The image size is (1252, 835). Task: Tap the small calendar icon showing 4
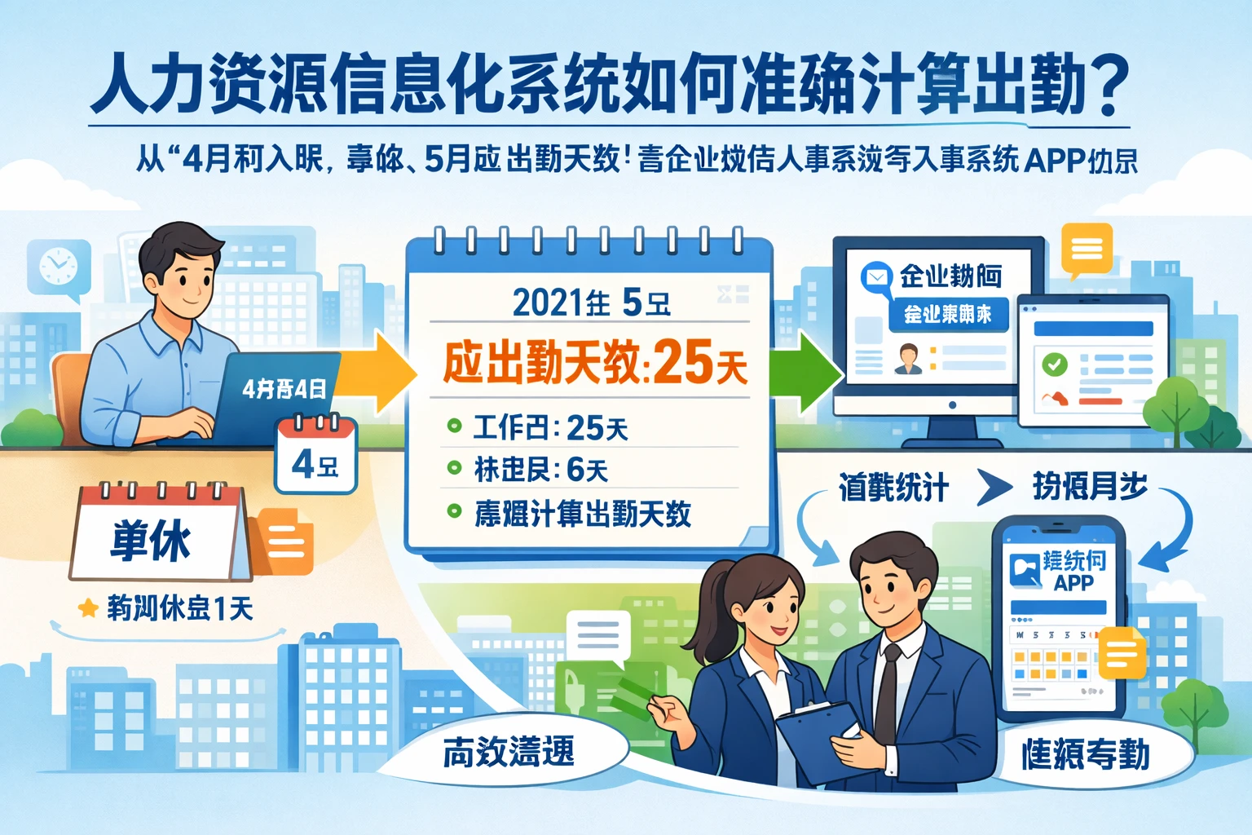click(316, 457)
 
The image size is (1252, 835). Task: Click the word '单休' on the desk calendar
click(152, 540)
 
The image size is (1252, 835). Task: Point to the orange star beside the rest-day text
click(88, 607)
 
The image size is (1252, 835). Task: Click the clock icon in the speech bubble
click(58, 266)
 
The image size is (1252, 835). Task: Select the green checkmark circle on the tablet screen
click(1055, 364)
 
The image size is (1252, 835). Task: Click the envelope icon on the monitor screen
click(876, 277)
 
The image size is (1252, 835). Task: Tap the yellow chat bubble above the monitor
click(1087, 248)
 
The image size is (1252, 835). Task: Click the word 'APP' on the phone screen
click(1073, 583)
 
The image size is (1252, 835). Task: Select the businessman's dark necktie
click(886, 693)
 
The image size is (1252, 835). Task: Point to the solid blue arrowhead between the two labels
click(993, 488)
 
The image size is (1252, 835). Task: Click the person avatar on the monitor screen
click(908, 359)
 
